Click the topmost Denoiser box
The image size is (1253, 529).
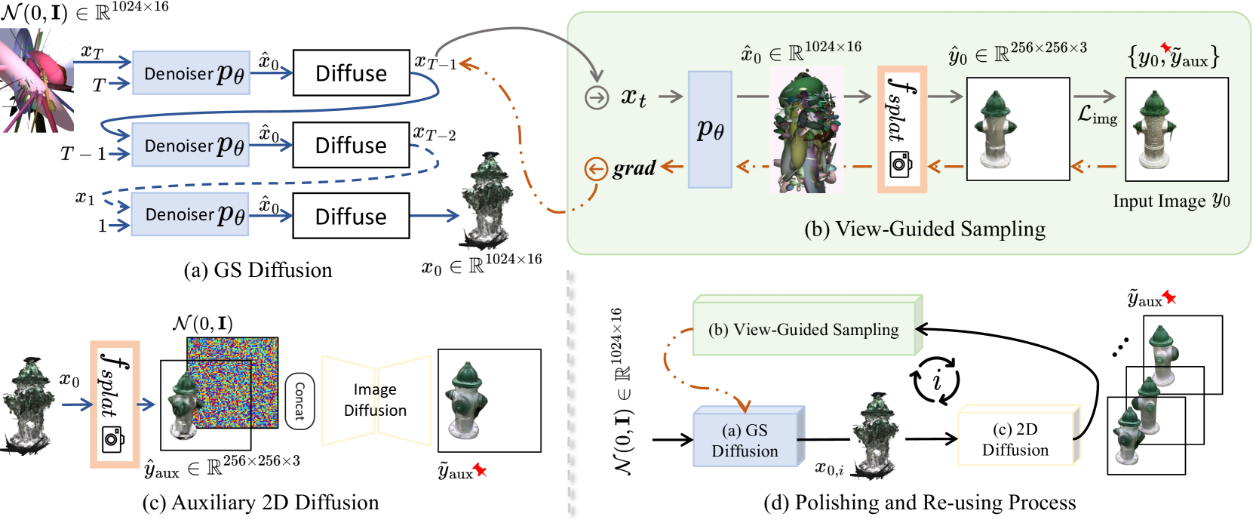(x=191, y=73)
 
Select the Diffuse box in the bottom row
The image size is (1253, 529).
(x=351, y=217)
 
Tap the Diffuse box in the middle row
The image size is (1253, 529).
(x=351, y=145)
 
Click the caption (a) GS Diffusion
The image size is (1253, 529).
(x=258, y=270)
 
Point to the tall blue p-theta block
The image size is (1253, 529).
(x=710, y=129)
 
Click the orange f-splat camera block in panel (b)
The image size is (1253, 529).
(x=901, y=129)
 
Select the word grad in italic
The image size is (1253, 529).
(x=634, y=168)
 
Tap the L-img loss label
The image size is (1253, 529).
(x=1097, y=115)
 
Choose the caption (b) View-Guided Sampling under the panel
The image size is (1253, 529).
(x=925, y=229)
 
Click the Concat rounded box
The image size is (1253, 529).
(x=299, y=401)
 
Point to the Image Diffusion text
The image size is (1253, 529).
(x=375, y=400)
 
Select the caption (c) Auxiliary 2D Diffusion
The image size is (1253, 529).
(x=260, y=503)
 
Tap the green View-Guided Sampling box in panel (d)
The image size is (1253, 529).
(x=804, y=329)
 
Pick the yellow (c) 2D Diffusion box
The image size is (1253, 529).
(x=1015, y=439)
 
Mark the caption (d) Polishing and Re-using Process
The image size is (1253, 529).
(x=920, y=503)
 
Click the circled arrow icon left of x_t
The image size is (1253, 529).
(x=597, y=97)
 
